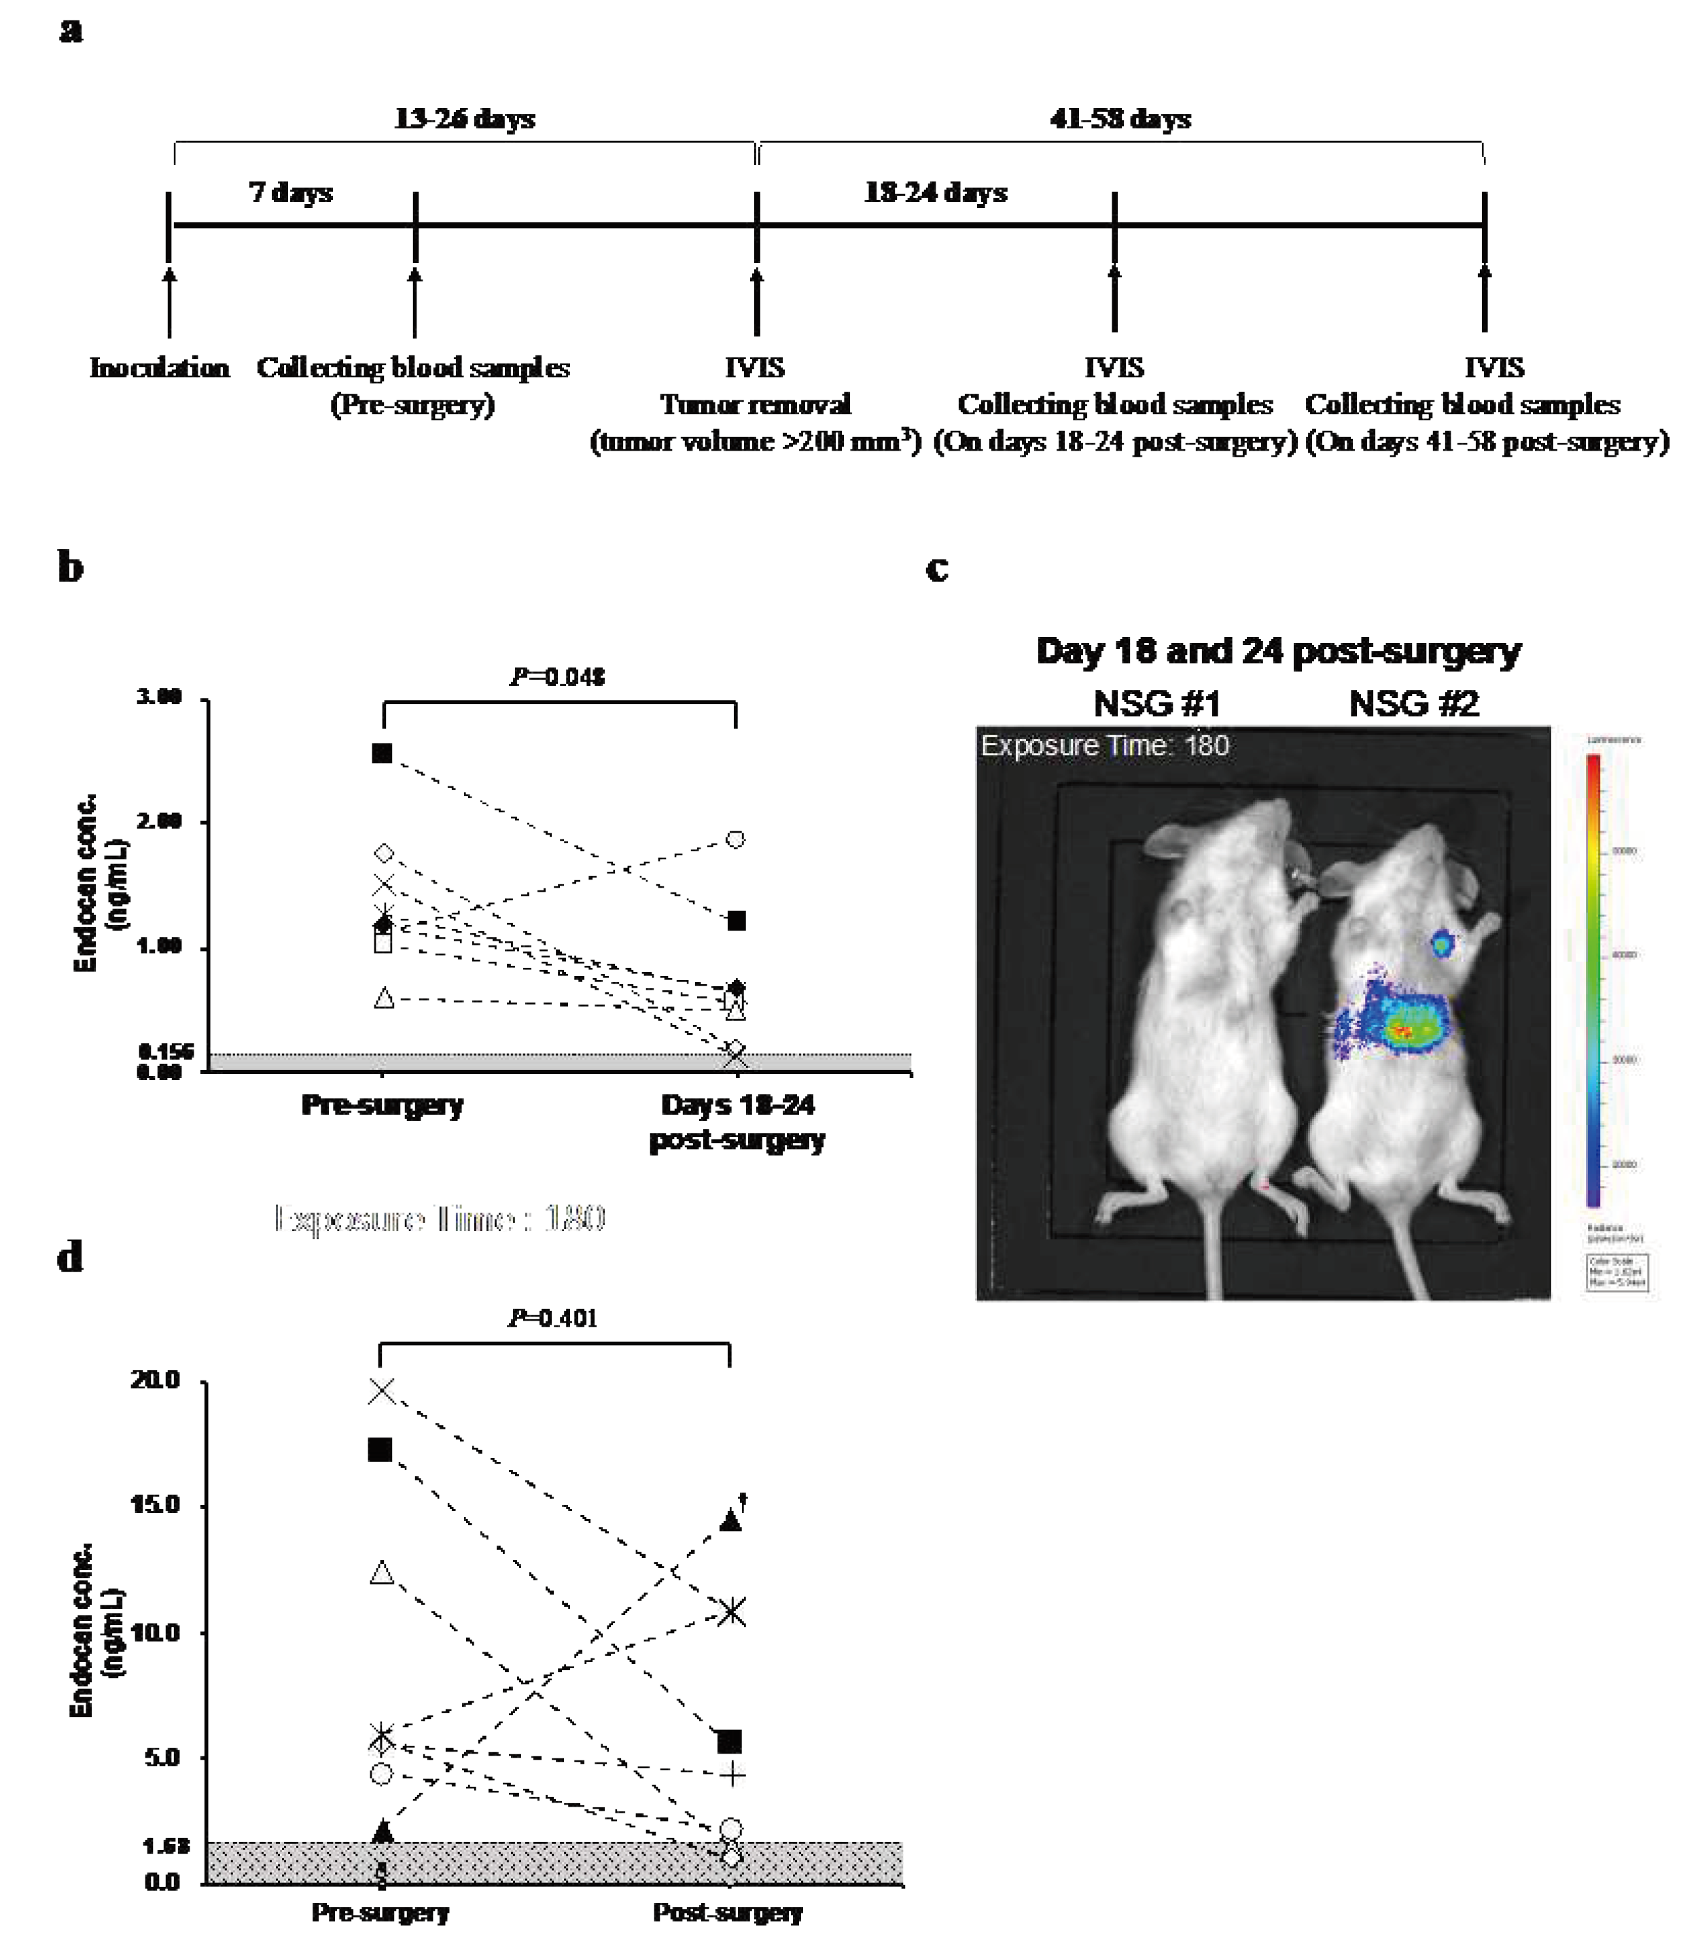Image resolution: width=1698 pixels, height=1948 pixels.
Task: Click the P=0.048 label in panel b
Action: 557,677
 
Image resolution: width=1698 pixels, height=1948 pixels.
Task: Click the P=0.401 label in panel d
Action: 552,1318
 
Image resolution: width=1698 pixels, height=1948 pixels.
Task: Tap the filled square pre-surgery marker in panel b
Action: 382,754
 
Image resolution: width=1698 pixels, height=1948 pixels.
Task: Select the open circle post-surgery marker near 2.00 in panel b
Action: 735,839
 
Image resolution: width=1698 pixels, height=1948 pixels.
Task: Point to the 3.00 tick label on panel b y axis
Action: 159,697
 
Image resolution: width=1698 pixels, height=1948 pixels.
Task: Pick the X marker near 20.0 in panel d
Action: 382,1391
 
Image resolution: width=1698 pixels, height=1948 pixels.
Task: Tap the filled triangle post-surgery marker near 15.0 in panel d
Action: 730,1520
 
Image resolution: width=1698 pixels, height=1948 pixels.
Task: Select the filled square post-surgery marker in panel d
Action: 730,1742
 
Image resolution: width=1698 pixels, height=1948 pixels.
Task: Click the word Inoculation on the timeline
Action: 159,368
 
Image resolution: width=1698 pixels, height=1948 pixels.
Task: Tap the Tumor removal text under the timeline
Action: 755,405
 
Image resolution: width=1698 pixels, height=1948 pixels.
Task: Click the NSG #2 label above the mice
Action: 1414,704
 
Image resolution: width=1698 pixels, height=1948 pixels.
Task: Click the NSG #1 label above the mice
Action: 1157,704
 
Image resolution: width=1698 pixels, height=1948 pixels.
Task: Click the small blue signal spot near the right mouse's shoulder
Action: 1442,943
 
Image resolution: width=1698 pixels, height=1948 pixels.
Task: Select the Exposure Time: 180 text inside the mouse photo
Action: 1105,746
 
